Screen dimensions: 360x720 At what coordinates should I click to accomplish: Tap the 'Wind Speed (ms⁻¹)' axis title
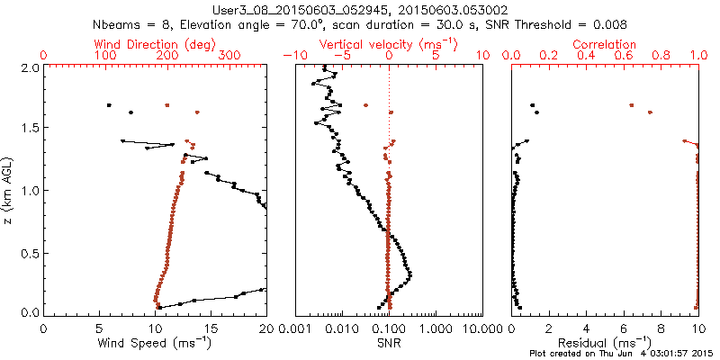pos(155,343)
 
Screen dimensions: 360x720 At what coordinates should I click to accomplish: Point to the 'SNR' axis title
pos(390,343)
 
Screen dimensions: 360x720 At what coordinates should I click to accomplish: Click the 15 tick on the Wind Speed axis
pos(211,328)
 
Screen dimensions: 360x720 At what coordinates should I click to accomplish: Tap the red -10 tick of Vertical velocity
pos(290,55)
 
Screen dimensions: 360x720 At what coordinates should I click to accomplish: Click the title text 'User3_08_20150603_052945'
pos(290,7)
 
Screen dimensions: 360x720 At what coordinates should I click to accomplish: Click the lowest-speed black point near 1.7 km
pos(109,105)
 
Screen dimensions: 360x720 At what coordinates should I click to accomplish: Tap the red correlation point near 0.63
pos(631,105)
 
